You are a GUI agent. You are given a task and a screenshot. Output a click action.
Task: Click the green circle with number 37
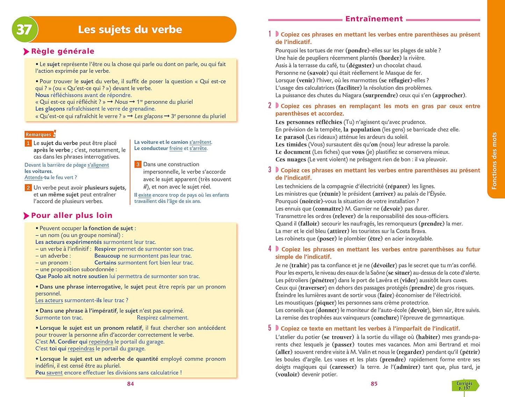point(24,29)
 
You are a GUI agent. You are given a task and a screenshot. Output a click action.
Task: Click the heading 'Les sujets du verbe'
point(130,29)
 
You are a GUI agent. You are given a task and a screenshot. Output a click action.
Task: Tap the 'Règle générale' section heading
point(63,51)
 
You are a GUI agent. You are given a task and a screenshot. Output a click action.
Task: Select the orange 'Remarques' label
point(38,135)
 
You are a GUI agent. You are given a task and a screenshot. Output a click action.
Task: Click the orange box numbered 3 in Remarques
point(138,164)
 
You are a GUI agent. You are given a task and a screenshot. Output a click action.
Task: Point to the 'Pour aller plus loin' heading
point(72,215)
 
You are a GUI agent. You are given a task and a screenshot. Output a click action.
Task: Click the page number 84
point(130,384)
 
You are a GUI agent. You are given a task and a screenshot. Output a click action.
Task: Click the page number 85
point(374,384)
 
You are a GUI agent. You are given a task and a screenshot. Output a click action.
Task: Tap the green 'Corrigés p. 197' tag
point(464,385)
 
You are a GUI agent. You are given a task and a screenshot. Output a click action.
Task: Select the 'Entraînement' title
point(374,19)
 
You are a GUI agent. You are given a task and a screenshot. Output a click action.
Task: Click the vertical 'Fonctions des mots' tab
point(494,161)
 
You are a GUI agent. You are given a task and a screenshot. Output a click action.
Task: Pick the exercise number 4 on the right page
point(270,249)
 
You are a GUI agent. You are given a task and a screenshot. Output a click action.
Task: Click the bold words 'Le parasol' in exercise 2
point(290,137)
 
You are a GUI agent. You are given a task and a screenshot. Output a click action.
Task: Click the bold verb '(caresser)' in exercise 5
point(343,367)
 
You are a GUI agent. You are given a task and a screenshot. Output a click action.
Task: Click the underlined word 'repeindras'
point(81,348)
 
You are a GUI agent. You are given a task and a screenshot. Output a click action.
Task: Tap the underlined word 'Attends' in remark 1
point(33,177)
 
